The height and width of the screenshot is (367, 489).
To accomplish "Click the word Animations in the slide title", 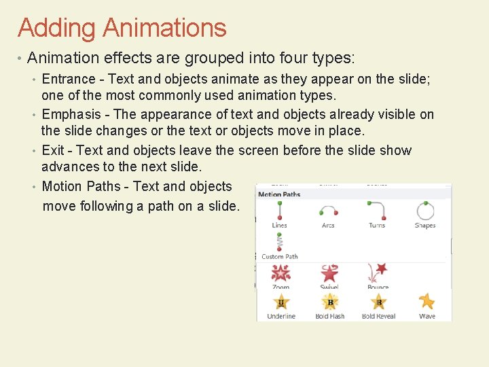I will [x=164, y=29].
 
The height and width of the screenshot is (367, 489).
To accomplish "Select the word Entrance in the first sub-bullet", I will [x=68, y=79].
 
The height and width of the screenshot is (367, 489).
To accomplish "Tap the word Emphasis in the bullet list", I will [x=71, y=114].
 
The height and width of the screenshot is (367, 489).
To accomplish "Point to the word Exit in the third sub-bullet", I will [x=53, y=150].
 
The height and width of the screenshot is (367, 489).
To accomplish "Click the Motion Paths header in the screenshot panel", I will [x=279, y=194].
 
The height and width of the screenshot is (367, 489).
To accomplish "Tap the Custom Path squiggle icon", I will [x=279, y=242].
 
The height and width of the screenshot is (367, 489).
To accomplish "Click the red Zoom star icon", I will [x=280, y=273].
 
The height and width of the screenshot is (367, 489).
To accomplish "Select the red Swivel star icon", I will [x=329, y=273].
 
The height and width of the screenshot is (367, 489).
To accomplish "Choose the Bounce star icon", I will [x=378, y=273].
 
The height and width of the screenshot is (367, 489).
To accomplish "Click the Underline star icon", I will [x=280, y=302].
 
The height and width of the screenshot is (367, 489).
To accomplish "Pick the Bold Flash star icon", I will [x=330, y=302].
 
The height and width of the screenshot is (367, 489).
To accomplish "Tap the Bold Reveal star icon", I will [x=378, y=302].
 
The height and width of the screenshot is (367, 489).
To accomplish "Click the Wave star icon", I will [x=427, y=301].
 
